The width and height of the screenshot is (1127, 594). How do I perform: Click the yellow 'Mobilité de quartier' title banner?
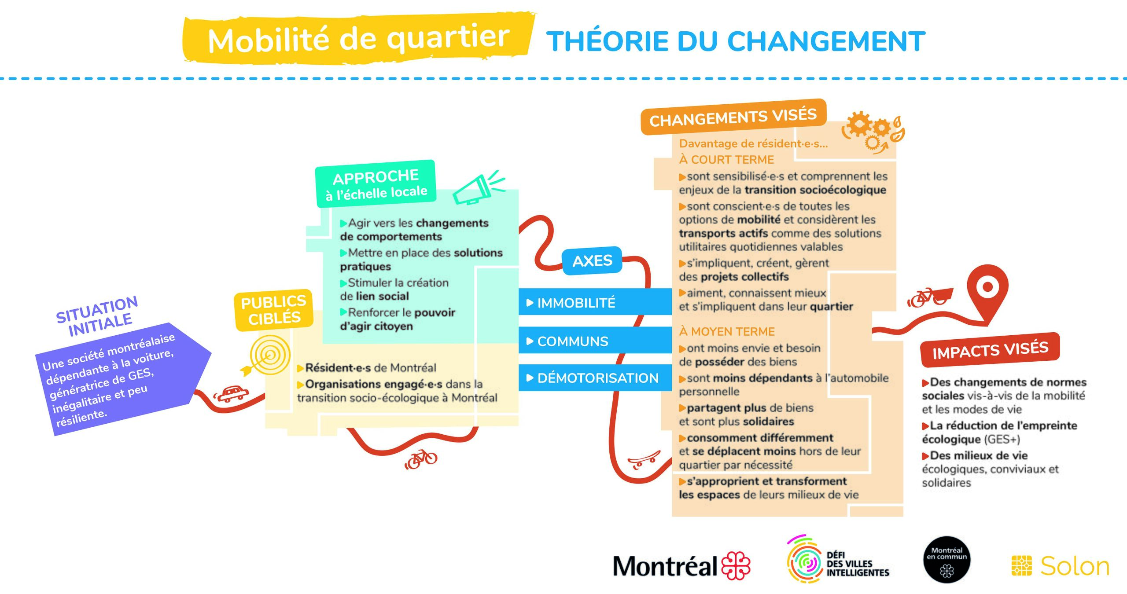pyautogui.click(x=359, y=39)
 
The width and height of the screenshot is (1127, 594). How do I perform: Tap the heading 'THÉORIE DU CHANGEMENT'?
pyautogui.click(x=736, y=41)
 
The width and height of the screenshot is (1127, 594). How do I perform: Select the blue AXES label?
pyautogui.click(x=592, y=261)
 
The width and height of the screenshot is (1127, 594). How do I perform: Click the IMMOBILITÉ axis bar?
pyautogui.click(x=595, y=302)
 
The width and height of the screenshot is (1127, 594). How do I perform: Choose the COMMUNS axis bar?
pyautogui.click(x=595, y=341)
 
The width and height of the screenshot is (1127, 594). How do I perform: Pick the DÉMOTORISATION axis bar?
pyautogui.click(x=595, y=378)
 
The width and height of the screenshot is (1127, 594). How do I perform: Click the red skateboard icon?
pyautogui.click(x=644, y=460)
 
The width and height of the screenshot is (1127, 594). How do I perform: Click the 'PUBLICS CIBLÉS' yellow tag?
pyautogui.click(x=274, y=310)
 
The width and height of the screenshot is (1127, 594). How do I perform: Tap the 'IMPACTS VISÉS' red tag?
pyautogui.click(x=990, y=350)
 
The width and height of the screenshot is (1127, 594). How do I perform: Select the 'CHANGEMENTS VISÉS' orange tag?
pyautogui.click(x=733, y=117)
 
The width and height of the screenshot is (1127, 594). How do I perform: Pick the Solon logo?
pyautogui.click(x=1061, y=566)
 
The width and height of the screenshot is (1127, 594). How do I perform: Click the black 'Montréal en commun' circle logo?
pyautogui.click(x=947, y=560)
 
